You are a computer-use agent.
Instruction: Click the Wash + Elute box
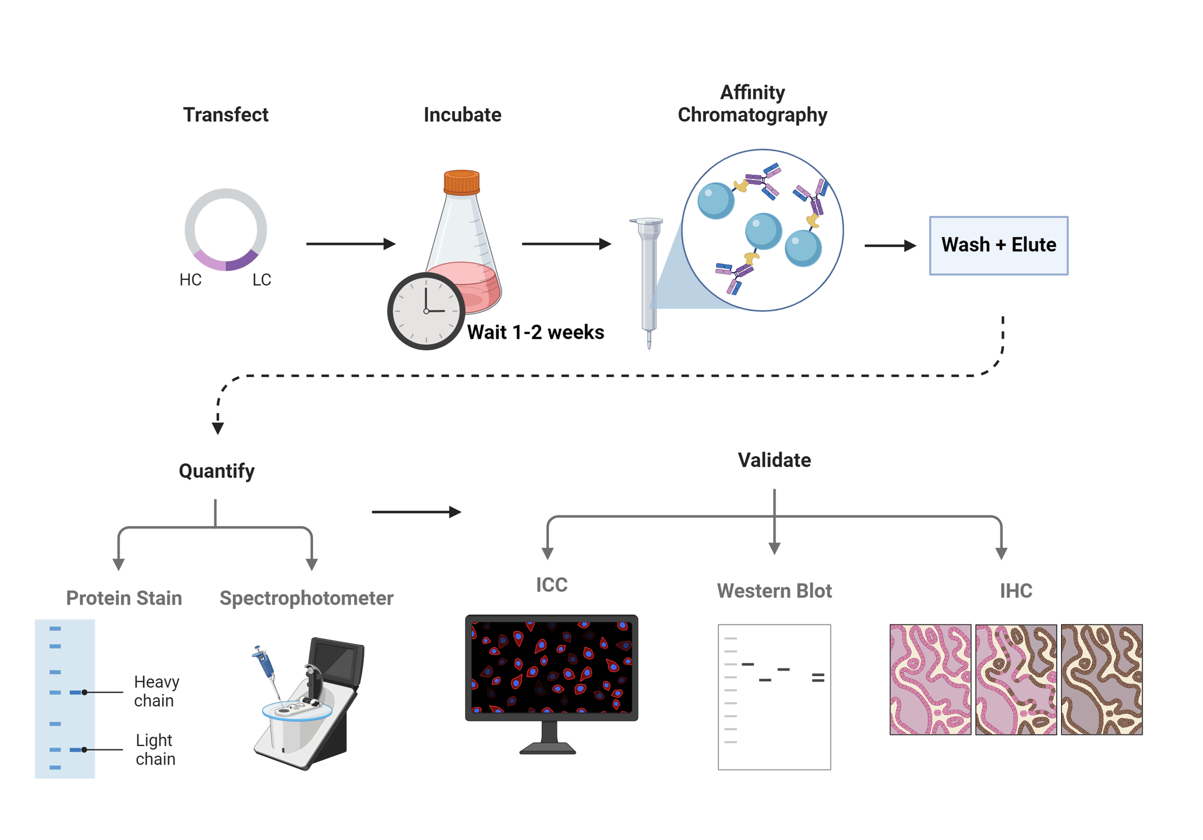tap(998, 245)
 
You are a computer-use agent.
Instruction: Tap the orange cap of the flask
tap(461, 182)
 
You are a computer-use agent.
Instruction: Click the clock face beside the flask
tap(426, 311)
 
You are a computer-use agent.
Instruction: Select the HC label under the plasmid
tap(190, 279)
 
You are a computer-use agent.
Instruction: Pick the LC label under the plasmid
tap(261, 279)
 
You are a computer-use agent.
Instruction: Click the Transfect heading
tap(225, 115)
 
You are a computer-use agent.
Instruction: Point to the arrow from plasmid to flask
tap(351, 244)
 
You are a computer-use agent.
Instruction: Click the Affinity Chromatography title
tap(752, 103)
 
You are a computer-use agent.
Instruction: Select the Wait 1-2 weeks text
tap(535, 332)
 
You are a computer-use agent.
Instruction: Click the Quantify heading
tap(216, 471)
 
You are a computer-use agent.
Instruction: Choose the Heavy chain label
tap(156, 691)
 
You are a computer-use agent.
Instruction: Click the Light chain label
tap(155, 749)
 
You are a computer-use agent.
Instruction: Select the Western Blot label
tap(774, 591)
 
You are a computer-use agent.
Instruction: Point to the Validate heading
tap(774, 460)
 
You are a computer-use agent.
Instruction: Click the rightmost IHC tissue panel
tap(1101, 679)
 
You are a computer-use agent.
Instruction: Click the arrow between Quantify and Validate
tap(416, 511)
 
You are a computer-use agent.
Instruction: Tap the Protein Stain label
tap(124, 598)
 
